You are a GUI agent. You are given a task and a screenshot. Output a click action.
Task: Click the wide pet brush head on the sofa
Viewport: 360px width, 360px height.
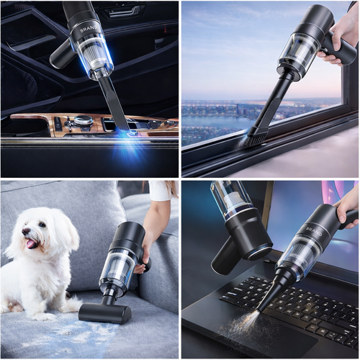coord(105,312)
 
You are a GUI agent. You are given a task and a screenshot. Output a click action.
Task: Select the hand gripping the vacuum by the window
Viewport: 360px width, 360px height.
coord(346,40)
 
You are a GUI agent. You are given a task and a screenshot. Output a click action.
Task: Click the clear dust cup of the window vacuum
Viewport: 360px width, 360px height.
coord(297,54)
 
